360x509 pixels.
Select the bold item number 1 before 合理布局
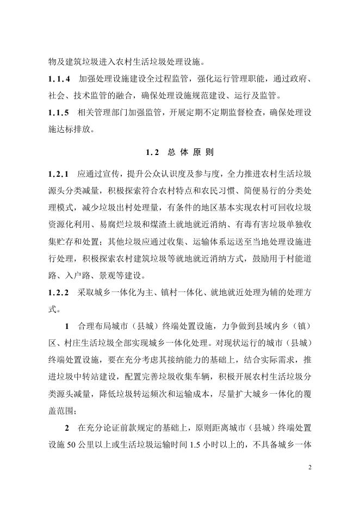(x=67, y=327)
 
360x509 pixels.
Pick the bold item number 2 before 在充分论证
(x=67, y=429)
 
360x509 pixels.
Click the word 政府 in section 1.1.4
(x=297, y=79)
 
